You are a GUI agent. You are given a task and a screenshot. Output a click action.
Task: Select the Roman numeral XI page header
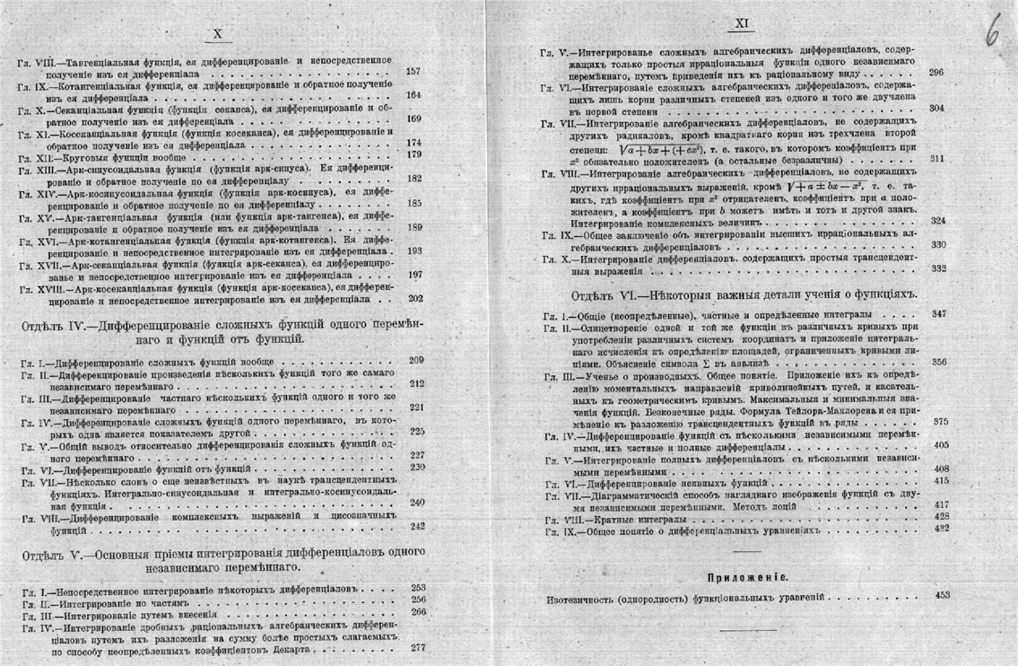pos(742,25)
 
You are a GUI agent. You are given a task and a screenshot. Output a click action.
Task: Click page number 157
pos(413,72)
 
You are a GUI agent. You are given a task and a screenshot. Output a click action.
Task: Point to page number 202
pos(414,298)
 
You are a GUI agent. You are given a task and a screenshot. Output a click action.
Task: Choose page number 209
pos(416,360)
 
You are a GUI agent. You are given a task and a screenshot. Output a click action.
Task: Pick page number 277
pos(417,647)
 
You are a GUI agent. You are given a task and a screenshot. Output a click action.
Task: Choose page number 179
pos(413,154)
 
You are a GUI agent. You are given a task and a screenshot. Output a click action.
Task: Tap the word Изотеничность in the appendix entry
pos(583,597)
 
